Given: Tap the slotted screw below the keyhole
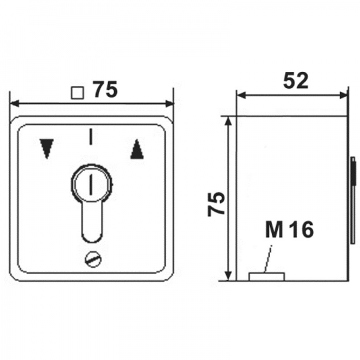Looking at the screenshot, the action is pyautogui.click(x=93, y=260).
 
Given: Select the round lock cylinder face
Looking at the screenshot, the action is pyautogui.click(x=92, y=184).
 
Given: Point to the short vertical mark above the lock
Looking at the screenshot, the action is pyautogui.click(x=91, y=137).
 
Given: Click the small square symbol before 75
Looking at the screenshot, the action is pyautogui.click(x=77, y=93).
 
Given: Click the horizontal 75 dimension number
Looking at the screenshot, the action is pyautogui.click(x=105, y=89).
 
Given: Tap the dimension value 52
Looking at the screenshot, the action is pyautogui.click(x=295, y=80).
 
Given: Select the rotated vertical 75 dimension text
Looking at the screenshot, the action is pyautogui.click(x=216, y=204).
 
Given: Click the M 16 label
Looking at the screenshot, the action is pyautogui.click(x=290, y=229).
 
